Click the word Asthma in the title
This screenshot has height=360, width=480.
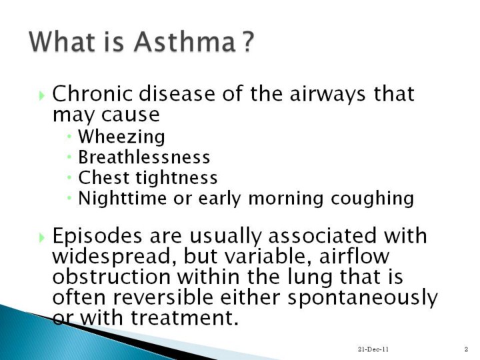coord(185,41)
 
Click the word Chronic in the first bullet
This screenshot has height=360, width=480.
coord(93,93)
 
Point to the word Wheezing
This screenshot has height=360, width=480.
coord(121,137)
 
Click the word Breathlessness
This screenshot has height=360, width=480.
coord(144,157)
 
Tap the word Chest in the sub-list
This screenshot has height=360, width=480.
coord(103,177)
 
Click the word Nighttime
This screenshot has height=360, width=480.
coord(123,199)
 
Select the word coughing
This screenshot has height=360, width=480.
coord(372,199)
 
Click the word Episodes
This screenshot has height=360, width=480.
coord(97,236)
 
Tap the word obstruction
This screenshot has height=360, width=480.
coord(111,277)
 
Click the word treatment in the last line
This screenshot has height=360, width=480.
coord(185,317)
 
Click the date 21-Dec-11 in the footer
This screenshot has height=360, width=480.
coord(373,349)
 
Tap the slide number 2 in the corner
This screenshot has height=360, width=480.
coord(466,349)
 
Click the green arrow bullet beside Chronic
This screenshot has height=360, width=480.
coord(42,95)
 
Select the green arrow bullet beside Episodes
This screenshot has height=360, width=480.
coord(42,237)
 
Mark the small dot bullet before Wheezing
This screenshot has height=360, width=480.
coord(69,135)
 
